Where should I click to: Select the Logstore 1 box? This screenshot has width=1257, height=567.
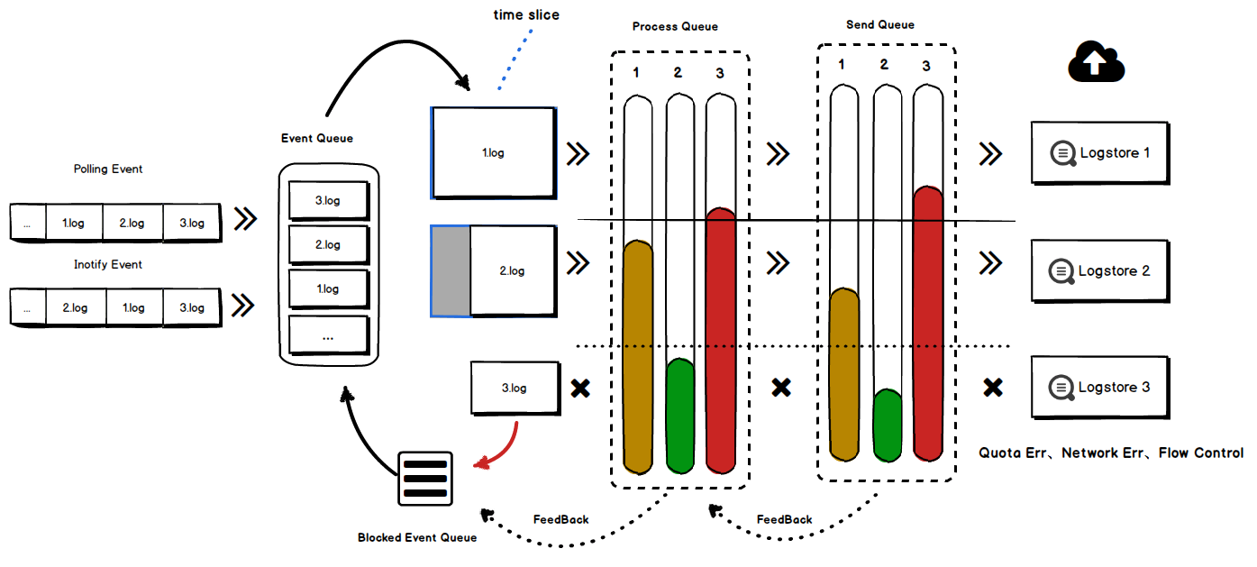(1100, 153)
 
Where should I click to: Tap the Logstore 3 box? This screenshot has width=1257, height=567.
(1100, 388)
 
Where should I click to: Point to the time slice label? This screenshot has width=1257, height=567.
(526, 15)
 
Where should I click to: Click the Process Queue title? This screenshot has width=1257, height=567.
(675, 27)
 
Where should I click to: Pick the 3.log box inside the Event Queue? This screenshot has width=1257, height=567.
(328, 201)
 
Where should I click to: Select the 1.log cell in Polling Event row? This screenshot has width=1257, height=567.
(74, 223)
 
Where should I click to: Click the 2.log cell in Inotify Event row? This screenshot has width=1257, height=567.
(75, 307)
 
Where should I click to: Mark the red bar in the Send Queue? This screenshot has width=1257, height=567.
(927, 325)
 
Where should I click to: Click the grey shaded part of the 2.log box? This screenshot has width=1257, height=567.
(451, 270)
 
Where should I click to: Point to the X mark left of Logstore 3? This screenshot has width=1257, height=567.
(992, 388)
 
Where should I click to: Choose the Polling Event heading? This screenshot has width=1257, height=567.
(108, 169)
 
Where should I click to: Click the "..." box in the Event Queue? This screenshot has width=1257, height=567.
(328, 335)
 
